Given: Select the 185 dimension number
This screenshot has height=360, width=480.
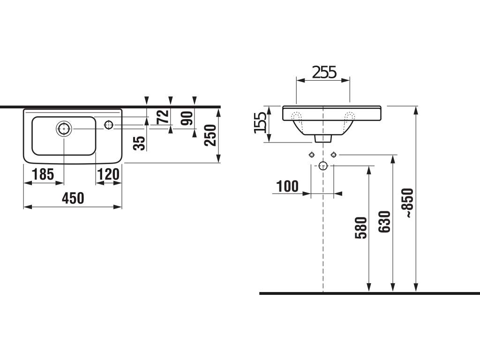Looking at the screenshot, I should pos(43,174).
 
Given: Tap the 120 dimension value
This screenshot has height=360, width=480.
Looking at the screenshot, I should pos(108,174).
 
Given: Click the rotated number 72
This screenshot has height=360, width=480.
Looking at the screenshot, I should pos(162,116).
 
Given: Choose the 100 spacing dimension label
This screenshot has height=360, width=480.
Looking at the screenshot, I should pos(287,186).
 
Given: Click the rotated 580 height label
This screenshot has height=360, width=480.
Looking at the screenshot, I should pos(360,228).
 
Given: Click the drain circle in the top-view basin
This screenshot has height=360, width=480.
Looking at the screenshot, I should pos(63,128).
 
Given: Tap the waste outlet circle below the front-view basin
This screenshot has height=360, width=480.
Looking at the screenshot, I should pos(323,165).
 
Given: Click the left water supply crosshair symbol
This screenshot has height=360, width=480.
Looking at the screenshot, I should pos(312,155).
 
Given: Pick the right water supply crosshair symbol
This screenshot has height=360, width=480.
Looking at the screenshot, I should pos(334,155).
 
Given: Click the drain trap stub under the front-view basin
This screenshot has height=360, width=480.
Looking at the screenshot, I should pos(323,138).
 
